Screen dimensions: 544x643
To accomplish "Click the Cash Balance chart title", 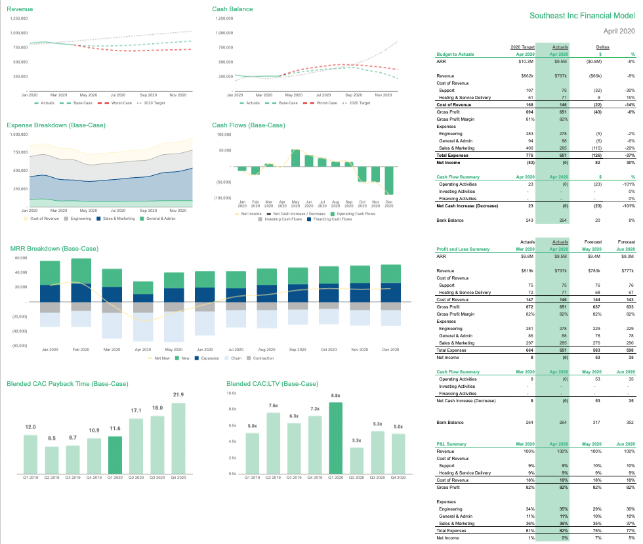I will click(232, 9).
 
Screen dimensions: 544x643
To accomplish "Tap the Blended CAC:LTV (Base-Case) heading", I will click(272, 384).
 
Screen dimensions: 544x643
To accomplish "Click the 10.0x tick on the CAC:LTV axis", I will click(231, 392).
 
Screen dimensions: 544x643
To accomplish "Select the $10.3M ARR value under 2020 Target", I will click(524, 61).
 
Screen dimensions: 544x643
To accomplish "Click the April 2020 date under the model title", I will click(619, 31).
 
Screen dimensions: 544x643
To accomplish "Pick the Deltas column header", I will click(602, 47).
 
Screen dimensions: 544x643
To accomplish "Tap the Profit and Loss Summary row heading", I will click(463, 249).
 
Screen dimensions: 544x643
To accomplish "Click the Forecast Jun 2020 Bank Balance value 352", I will click(630, 422).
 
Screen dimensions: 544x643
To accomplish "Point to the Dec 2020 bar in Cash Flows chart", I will click(388, 182).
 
